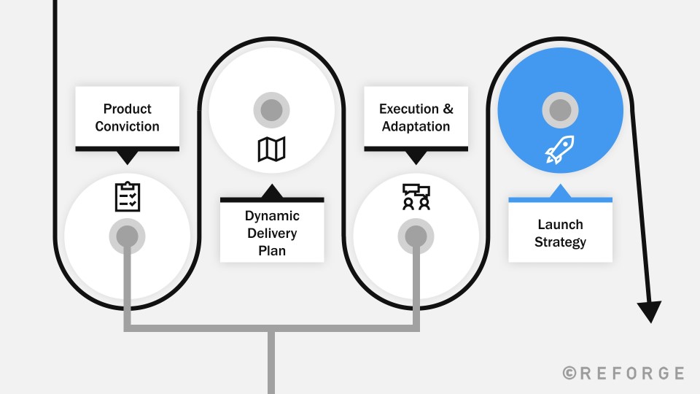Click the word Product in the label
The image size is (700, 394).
(127, 109)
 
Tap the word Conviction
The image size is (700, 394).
(127, 126)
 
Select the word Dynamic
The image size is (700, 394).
(272, 216)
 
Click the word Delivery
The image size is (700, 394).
(272, 233)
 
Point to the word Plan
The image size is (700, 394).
(272, 250)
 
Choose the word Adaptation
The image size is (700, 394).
(416, 126)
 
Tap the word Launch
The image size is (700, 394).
(560, 224)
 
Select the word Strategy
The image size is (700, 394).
(560, 242)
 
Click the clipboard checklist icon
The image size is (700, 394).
(128, 196)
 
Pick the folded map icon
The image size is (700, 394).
(271, 149)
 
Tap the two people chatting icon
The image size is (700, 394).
(416, 197)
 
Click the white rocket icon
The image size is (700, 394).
(560, 150)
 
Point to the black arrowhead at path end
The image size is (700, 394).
(650, 312)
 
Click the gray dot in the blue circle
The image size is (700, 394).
(560, 110)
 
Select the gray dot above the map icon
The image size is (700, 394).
(271, 110)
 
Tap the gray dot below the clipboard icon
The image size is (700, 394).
(127, 236)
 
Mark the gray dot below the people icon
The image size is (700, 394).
(416, 236)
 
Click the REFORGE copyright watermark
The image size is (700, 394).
(623, 373)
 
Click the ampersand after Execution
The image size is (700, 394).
(448, 109)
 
